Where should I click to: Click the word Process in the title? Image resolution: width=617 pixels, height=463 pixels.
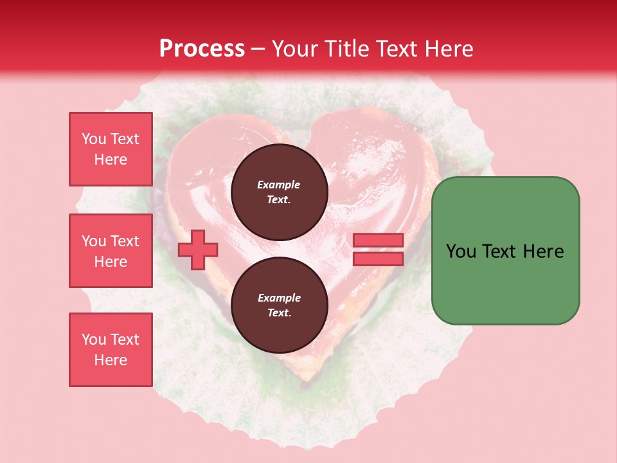pyautogui.click(x=202, y=49)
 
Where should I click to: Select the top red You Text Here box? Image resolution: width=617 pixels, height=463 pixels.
pyautogui.click(x=111, y=149)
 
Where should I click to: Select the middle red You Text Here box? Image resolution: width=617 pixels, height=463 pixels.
pyautogui.click(x=111, y=251)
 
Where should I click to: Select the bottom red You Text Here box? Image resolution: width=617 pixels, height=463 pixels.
pyautogui.click(x=111, y=350)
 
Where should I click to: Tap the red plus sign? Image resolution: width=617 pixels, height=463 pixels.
pyautogui.click(x=197, y=250)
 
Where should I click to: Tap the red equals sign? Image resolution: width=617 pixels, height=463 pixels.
pyautogui.click(x=378, y=250)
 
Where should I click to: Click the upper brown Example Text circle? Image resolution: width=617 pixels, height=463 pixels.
pyautogui.click(x=279, y=192)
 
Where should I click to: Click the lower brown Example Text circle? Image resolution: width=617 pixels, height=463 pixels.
pyautogui.click(x=279, y=305)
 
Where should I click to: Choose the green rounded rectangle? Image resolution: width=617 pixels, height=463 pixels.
pyautogui.click(x=505, y=250)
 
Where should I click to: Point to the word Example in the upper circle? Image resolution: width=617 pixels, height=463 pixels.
pyautogui.click(x=279, y=185)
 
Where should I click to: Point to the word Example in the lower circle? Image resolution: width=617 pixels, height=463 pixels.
pyautogui.click(x=279, y=298)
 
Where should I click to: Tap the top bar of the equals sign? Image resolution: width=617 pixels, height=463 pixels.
pyautogui.click(x=378, y=241)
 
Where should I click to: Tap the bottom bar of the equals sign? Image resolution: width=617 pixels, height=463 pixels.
pyautogui.click(x=378, y=259)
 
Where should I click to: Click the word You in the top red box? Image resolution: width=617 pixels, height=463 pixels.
pyautogui.click(x=94, y=139)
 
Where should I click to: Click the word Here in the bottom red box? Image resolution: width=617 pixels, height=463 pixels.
pyautogui.click(x=111, y=360)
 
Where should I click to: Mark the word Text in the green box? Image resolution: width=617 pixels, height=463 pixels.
pyautogui.click(x=498, y=251)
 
